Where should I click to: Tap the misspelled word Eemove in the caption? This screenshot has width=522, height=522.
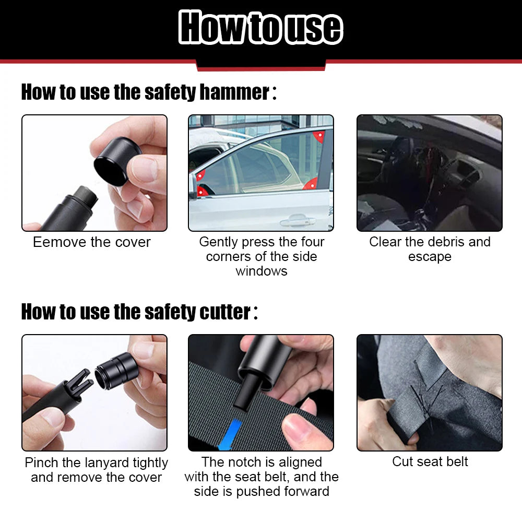pos(51,242)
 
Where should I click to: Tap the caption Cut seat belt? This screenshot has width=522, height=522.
pos(430,461)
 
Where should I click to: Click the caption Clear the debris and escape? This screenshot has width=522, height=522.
pos(430,249)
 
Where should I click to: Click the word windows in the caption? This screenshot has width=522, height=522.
pos(261,271)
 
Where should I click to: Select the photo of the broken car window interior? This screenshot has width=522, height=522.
pos(429,173)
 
